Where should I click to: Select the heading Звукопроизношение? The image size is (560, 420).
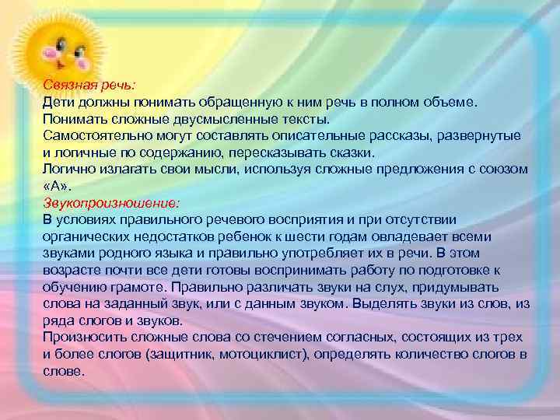point(111,202)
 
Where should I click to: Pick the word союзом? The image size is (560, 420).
point(503,170)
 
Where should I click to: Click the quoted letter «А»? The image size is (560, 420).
point(57,186)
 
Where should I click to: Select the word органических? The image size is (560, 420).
point(83,235)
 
